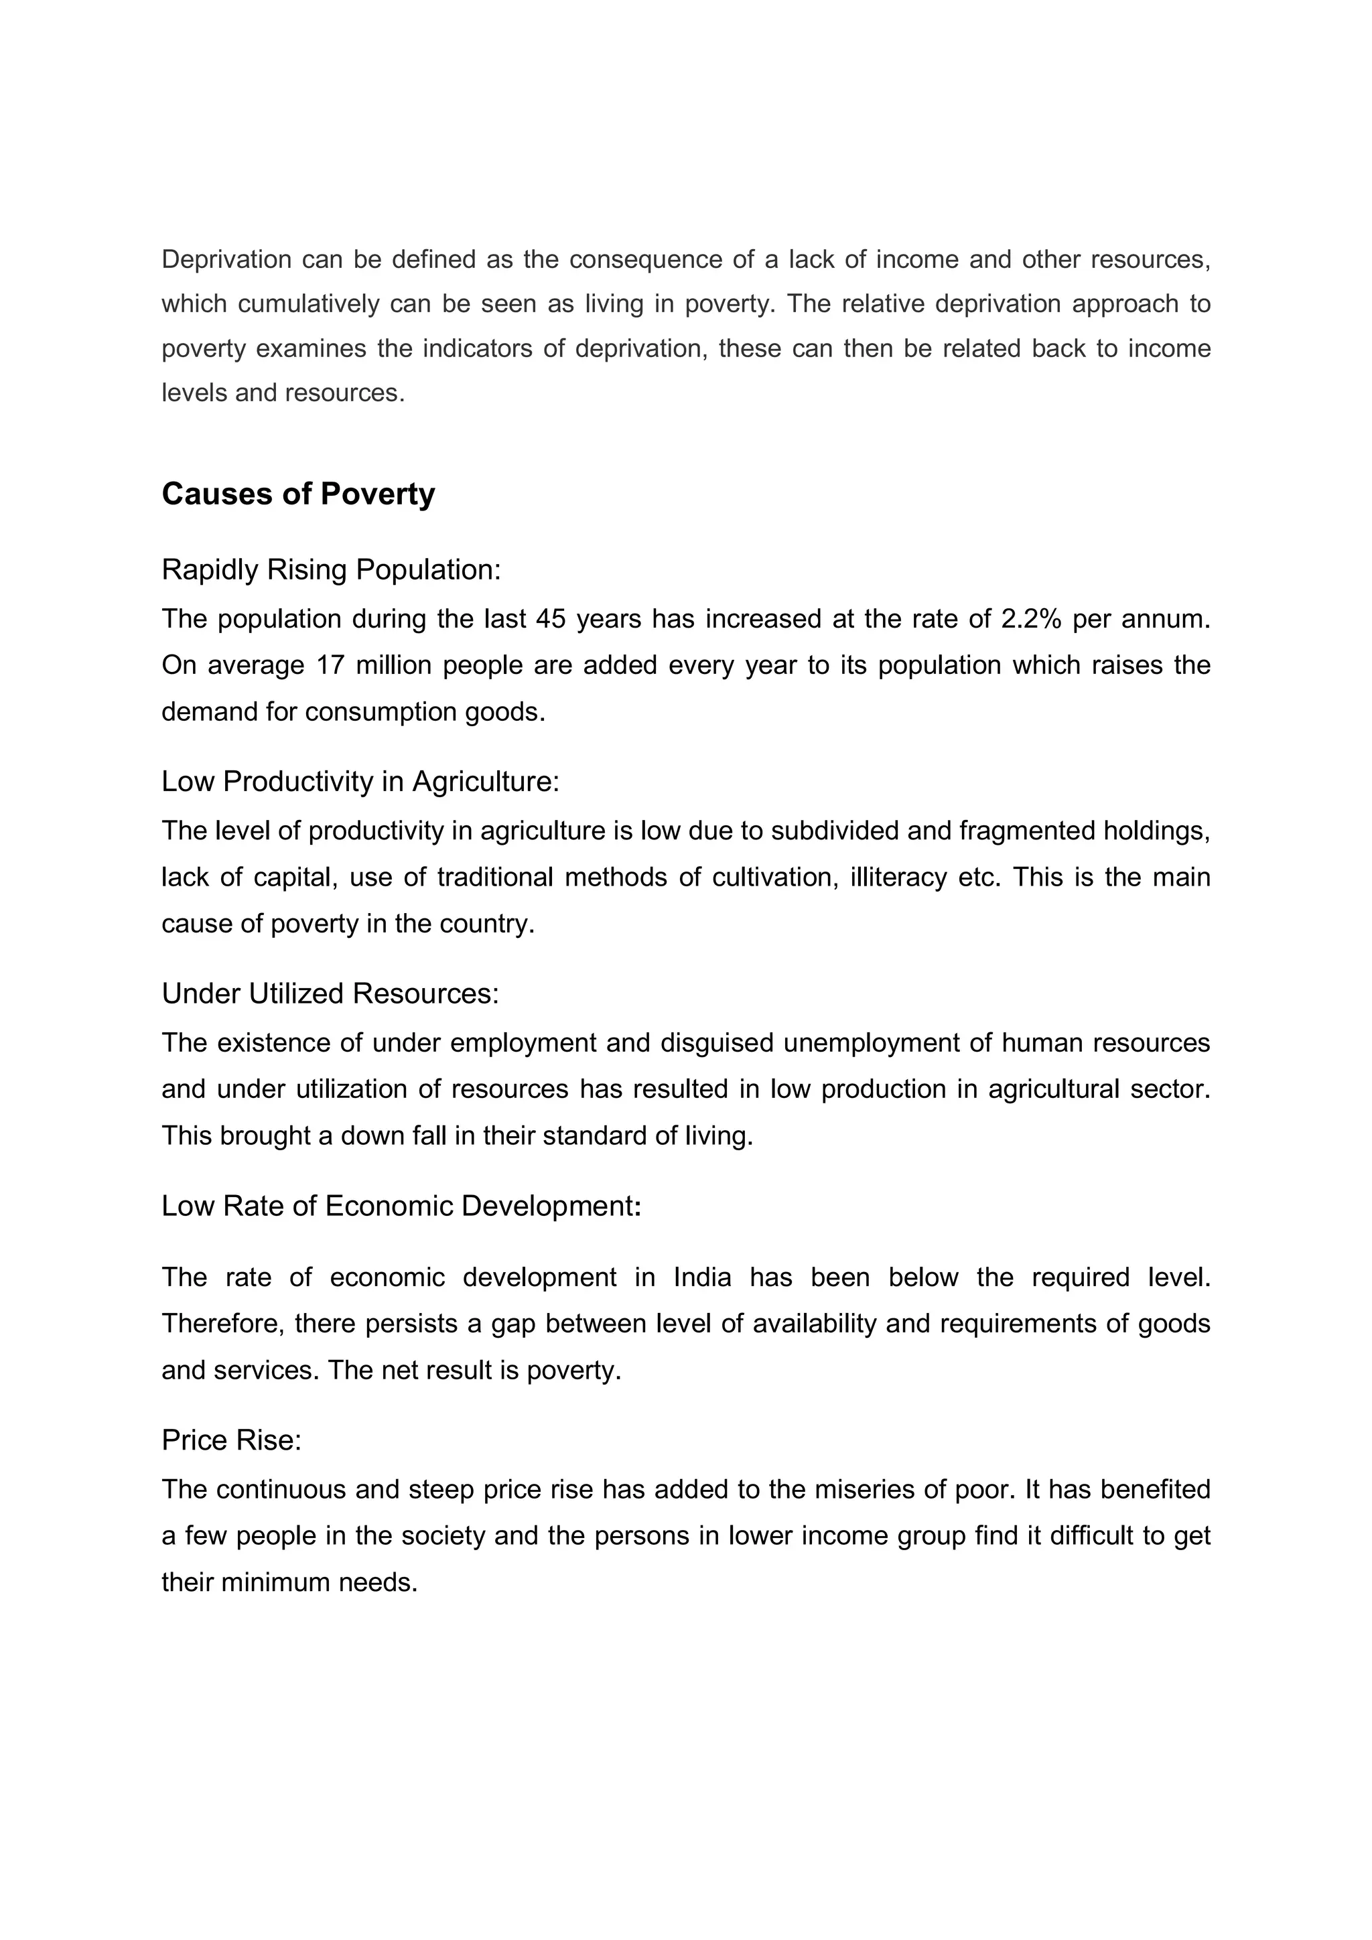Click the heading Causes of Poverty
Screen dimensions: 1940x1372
pos(298,494)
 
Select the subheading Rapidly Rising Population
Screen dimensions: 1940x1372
pos(331,569)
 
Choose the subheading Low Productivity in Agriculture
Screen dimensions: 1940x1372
pos(360,782)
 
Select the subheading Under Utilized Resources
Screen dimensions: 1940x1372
pos(330,993)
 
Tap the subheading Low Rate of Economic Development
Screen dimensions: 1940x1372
pos(401,1206)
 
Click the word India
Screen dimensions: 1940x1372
pos(702,1277)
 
